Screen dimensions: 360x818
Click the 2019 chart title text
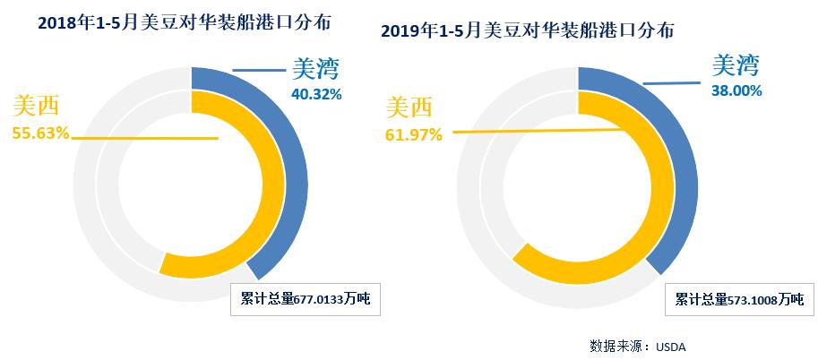528,30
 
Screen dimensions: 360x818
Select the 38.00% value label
736,90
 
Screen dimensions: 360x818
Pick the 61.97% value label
415,135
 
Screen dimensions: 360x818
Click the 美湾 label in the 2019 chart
736,65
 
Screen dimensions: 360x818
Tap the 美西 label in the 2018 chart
36,107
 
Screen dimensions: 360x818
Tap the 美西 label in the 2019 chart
409,108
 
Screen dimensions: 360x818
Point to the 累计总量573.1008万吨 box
739,299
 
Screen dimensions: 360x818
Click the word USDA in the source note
671,345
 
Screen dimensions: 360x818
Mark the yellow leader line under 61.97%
538,131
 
